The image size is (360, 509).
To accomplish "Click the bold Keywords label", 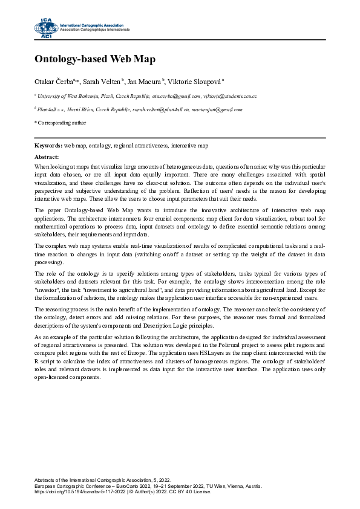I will click(x=48, y=146).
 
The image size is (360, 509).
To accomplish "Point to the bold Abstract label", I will click(x=47, y=157).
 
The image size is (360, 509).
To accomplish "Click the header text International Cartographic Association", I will click(x=91, y=24).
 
